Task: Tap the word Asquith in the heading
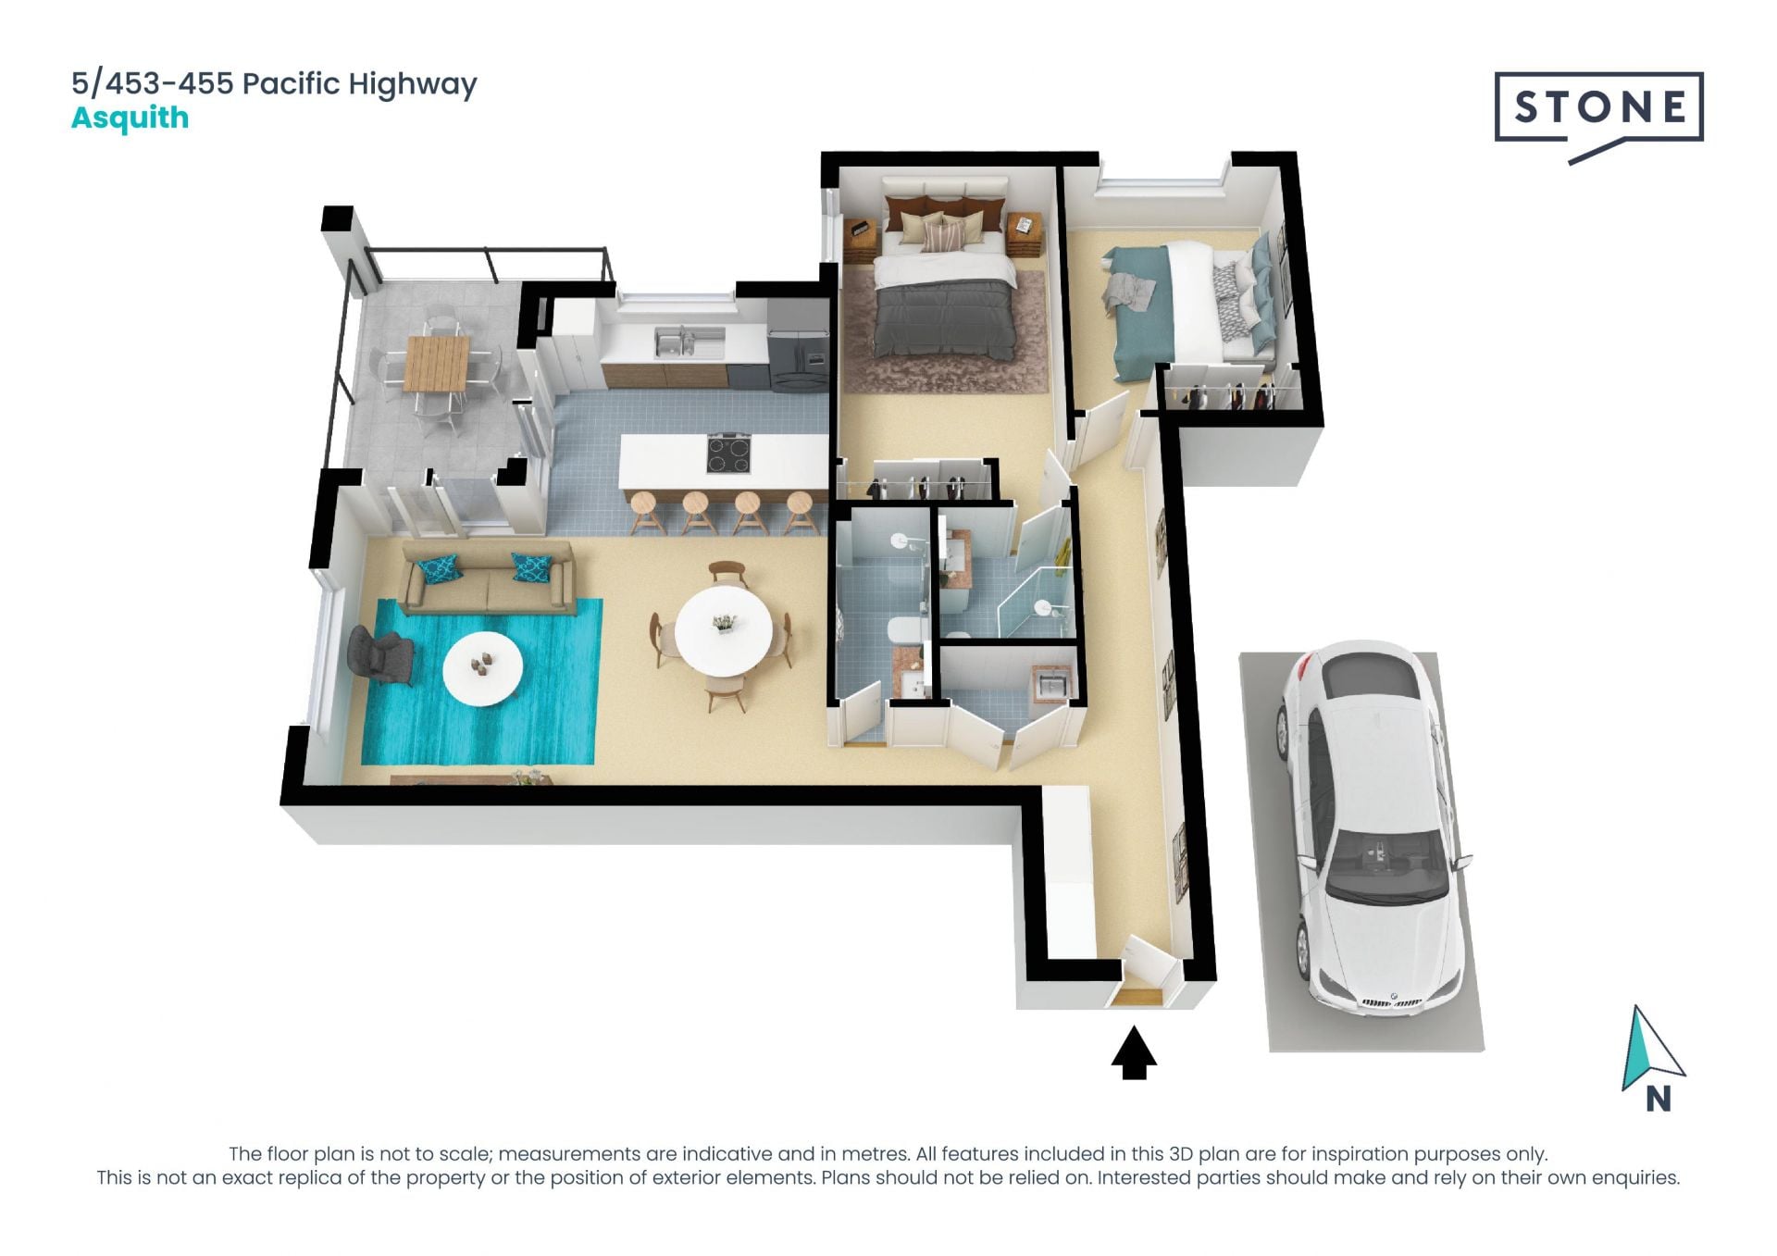(x=130, y=118)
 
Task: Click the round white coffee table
(x=482, y=668)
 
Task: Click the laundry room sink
(x=1052, y=686)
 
